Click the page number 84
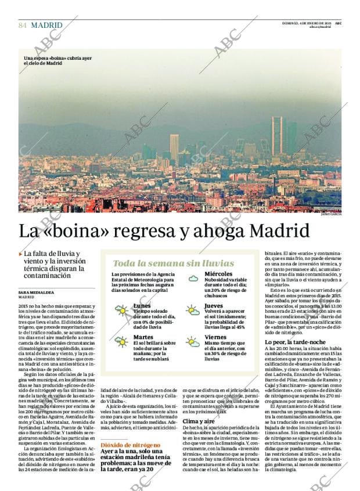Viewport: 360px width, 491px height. click(x=23, y=26)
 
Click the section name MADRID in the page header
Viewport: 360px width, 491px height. click(x=47, y=26)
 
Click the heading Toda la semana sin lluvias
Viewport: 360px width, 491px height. click(x=173, y=263)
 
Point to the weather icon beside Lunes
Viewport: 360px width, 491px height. click(x=121, y=311)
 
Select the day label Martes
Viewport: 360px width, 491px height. click(x=143, y=337)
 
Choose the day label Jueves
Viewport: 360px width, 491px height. click(x=214, y=305)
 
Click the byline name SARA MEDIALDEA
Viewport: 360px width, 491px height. click(x=36, y=292)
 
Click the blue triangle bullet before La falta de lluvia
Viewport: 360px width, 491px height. click(x=21, y=253)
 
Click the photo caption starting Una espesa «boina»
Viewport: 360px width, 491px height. click(x=57, y=61)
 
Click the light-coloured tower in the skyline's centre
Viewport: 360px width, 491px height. click(x=174, y=147)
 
